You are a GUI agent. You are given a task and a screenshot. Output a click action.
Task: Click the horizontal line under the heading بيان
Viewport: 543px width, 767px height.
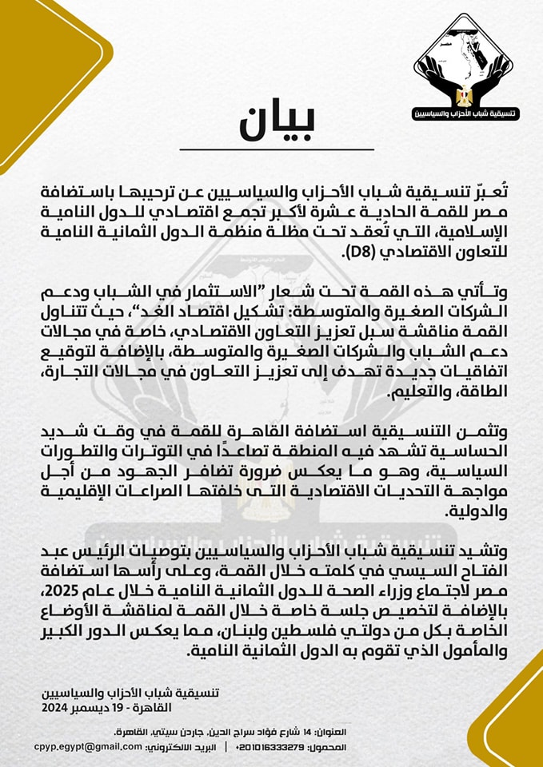[276, 149]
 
